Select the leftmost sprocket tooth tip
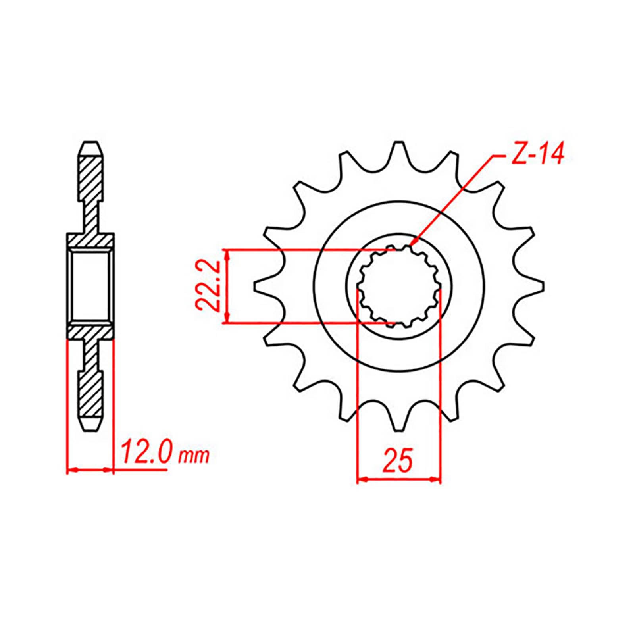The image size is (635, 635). (255, 286)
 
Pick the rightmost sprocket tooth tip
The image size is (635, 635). (543, 286)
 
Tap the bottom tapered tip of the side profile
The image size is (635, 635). (90, 429)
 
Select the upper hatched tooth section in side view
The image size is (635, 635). (90, 179)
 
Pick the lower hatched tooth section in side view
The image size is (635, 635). (90, 393)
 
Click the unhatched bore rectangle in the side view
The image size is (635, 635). (90, 286)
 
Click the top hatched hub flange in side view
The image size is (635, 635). (90, 241)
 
